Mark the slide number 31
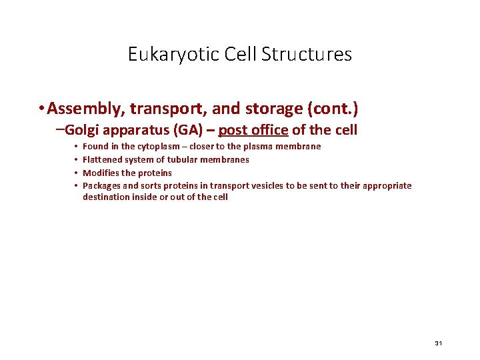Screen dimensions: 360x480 click(x=438, y=343)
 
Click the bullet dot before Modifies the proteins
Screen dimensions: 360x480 click(x=77, y=173)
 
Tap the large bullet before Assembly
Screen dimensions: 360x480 click(x=41, y=108)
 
